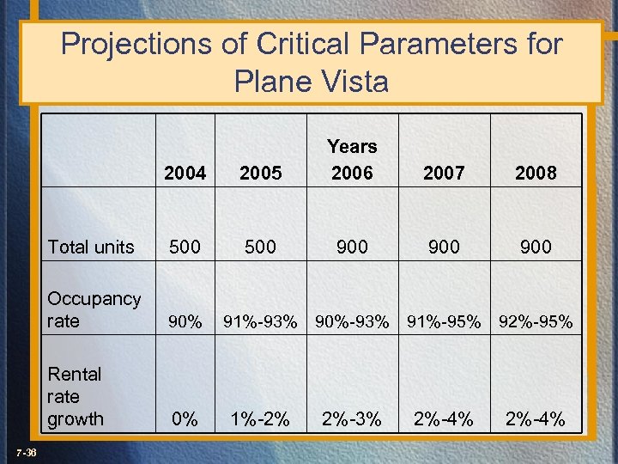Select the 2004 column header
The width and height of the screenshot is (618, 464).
185,173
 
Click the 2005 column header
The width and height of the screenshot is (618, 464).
260,173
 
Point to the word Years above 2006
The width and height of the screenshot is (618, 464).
352,146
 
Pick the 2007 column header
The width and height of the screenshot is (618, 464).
444,173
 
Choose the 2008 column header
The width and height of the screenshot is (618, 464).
536,173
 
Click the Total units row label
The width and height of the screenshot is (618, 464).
91,247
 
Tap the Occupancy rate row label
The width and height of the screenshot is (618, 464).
94,309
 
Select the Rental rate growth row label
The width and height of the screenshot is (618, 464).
76,396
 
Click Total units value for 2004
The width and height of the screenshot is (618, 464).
185,247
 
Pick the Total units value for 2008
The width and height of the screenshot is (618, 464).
536,247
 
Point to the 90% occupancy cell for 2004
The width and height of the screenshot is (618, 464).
185,322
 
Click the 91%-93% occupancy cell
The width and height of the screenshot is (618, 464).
260,322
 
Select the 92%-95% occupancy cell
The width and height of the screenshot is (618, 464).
536,322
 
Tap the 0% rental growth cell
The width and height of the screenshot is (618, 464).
185,419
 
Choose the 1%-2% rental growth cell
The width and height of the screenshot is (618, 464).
260,419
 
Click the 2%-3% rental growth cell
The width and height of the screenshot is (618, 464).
352,419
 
